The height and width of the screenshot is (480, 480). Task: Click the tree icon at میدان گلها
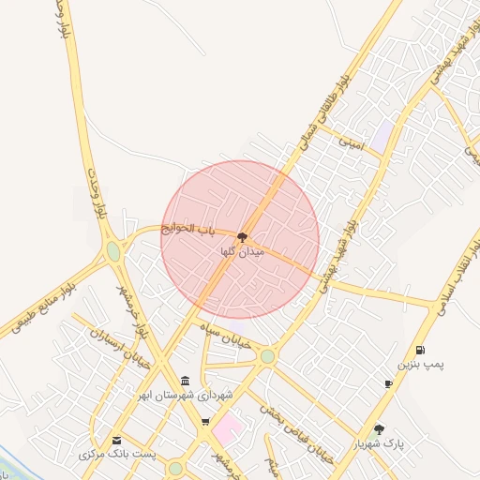tap(243, 238)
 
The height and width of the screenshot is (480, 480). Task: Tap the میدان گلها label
tap(243, 252)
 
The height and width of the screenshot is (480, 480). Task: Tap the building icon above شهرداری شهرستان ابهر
tap(185, 381)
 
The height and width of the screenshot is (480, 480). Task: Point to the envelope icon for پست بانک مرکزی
tap(116, 440)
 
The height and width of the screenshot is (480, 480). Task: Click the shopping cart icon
tap(205, 422)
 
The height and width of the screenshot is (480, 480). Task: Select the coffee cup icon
tap(388, 384)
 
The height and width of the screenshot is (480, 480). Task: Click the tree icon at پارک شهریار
tap(379, 428)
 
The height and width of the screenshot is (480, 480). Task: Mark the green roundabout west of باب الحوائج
tap(113, 251)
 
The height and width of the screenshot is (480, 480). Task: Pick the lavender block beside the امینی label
tap(382, 134)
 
